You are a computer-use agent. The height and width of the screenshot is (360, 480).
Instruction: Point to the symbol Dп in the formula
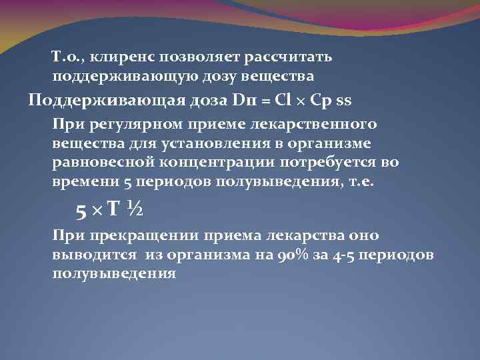point(242,101)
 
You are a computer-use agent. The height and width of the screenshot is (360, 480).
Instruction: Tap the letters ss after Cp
point(344,101)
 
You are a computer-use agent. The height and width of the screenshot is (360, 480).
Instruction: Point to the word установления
point(204,144)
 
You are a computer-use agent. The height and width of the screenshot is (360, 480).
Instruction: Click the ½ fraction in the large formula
point(133,210)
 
